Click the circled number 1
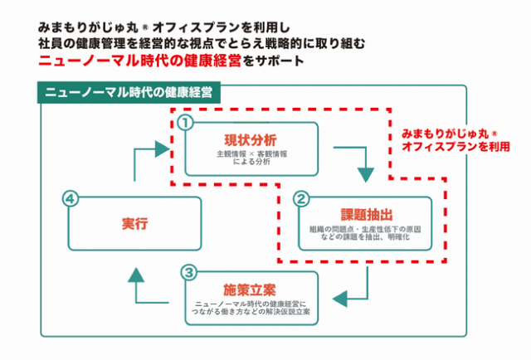click(x=185, y=123)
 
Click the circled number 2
click(x=302, y=199)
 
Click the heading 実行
click(x=127, y=222)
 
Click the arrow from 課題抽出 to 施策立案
click(x=355, y=285)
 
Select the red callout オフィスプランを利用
click(x=451, y=146)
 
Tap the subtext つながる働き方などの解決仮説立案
click(x=249, y=313)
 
